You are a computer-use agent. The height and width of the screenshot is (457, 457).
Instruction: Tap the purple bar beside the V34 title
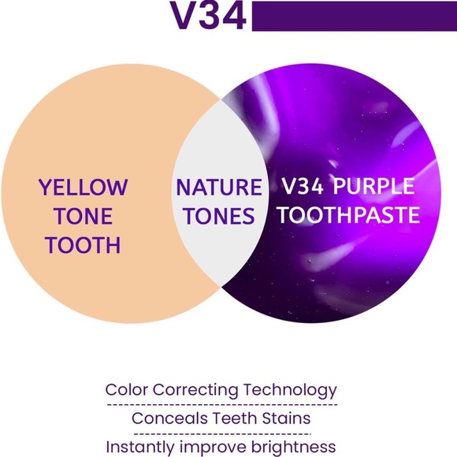click(354, 16)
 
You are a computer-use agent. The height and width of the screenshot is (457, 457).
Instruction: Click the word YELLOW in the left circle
click(83, 188)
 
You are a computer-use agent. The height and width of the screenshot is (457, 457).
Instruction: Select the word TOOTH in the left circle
click(83, 245)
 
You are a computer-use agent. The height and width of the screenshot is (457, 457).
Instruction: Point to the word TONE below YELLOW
click(83, 217)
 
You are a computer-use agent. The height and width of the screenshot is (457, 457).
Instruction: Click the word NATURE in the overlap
click(218, 188)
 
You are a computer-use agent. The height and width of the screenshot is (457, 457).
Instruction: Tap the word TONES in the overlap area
click(218, 216)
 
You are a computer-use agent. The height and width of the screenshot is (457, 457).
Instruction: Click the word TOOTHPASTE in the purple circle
click(348, 216)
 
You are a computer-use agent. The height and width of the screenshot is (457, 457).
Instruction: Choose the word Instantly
click(141, 447)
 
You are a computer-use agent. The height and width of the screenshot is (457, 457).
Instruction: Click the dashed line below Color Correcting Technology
click(221, 404)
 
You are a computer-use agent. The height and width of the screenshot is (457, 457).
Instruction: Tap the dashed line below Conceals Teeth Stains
click(221, 433)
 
